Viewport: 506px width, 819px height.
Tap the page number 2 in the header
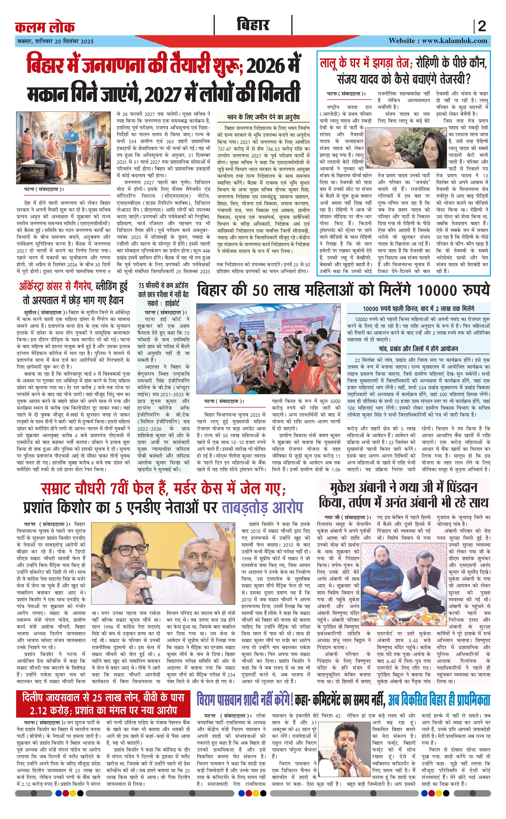[x=482, y=26]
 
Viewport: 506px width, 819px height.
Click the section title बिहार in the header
[x=253, y=25]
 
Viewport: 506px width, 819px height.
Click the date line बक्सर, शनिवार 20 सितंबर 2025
[x=55, y=42]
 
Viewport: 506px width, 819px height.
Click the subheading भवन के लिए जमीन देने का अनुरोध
[x=263, y=117]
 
